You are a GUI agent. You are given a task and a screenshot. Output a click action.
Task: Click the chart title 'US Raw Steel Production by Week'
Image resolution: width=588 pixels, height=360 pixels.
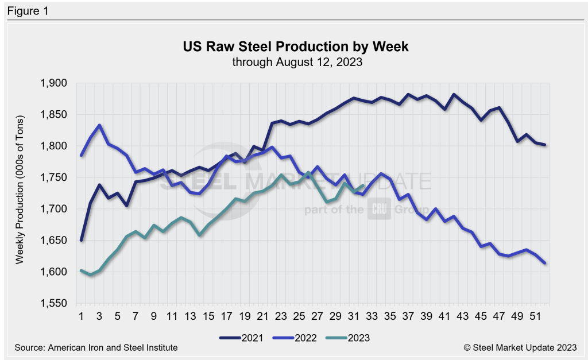coord(296,47)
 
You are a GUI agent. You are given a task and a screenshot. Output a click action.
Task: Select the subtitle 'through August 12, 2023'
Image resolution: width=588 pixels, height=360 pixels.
coord(296,62)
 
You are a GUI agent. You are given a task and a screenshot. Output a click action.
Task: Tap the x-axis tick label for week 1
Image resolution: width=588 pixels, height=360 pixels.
coord(82,316)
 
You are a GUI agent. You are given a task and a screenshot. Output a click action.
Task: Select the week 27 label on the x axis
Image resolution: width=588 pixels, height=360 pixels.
coord(317,316)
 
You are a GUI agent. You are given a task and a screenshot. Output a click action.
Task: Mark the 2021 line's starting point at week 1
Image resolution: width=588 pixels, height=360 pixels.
coord(82,240)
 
